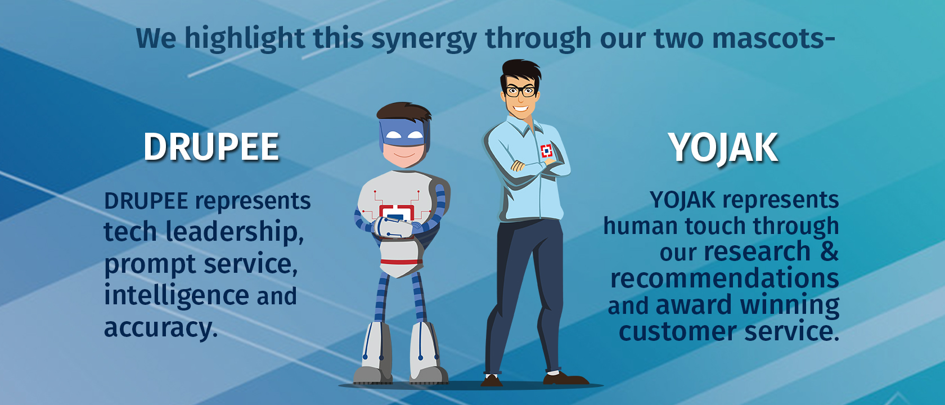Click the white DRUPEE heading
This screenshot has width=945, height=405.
(x=211, y=147)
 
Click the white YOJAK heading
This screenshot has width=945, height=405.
(x=723, y=147)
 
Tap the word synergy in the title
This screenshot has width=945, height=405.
(x=424, y=39)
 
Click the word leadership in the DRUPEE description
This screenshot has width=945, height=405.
(x=234, y=231)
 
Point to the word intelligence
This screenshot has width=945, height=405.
(x=177, y=295)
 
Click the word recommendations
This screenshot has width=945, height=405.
(x=724, y=278)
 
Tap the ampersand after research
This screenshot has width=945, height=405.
(x=829, y=251)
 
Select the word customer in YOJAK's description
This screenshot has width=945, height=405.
(x=678, y=332)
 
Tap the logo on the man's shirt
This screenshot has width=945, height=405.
(x=546, y=151)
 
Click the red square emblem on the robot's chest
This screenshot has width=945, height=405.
(x=396, y=213)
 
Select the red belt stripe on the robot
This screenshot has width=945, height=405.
(x=401, y=262)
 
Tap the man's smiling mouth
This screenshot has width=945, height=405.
(x=521, y=109)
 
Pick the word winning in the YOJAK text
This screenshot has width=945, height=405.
(x=790, y=305)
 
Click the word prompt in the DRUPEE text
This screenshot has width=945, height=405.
(x=150, y=264)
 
